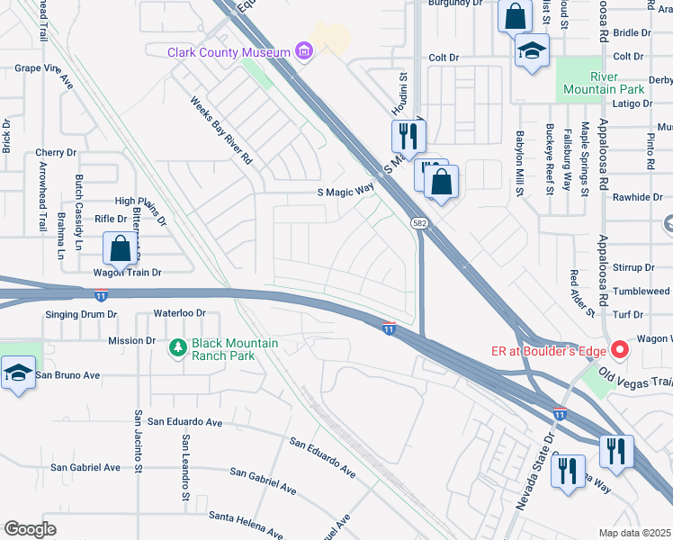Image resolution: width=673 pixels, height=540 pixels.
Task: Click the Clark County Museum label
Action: coord(229,52)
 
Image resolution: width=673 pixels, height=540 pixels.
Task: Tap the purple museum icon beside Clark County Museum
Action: coord(305,52)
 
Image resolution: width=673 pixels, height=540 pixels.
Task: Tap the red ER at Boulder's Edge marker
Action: coord(619,349)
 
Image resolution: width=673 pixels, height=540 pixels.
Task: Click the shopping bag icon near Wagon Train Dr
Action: coord(120,248)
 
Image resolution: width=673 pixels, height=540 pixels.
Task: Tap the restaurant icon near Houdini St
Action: coord(408,136)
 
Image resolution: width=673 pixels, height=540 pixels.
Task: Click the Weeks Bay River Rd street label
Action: coord(220,131)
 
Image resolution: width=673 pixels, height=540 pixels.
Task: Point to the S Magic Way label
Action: coord(345,191)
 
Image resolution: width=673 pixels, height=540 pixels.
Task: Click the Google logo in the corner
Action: coord(30,529)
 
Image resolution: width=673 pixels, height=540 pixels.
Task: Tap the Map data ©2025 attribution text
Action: coord(635,533)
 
